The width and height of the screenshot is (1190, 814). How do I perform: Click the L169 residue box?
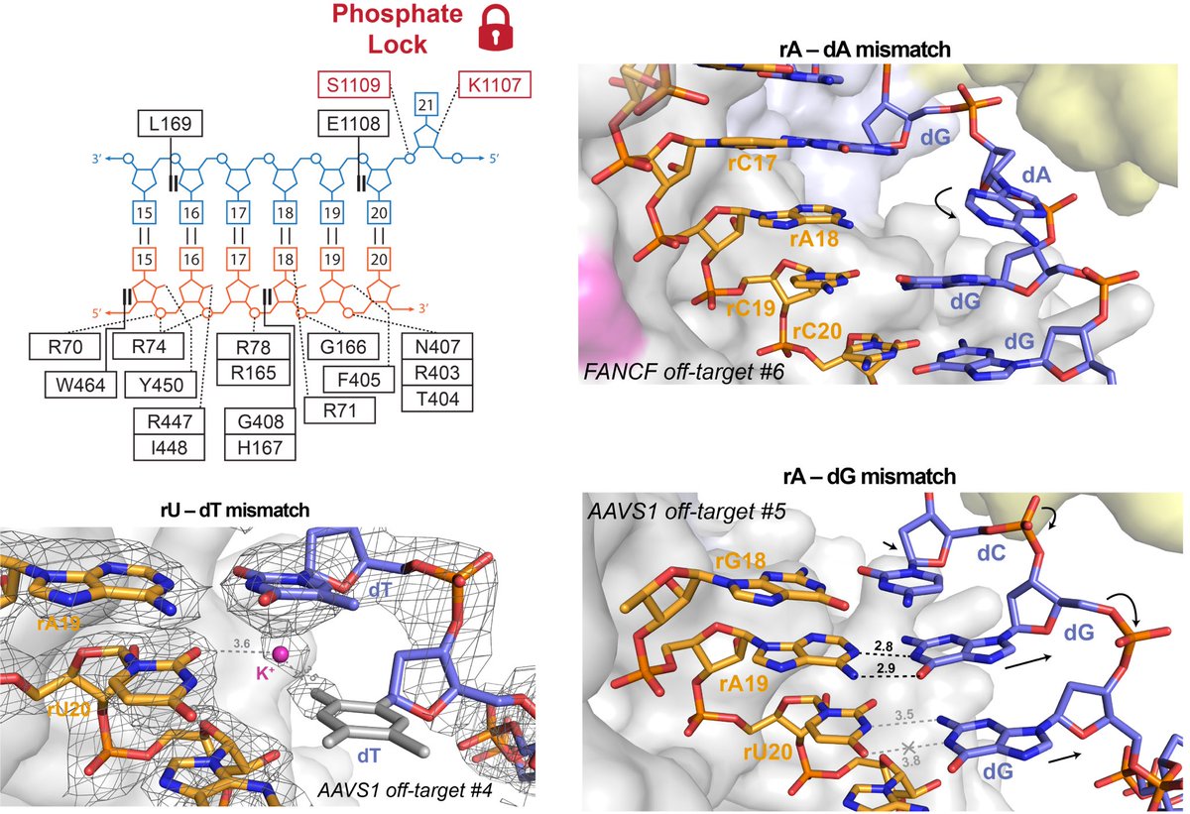(x=171, y=124)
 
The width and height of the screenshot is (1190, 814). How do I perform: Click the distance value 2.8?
(x=882, y=646)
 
